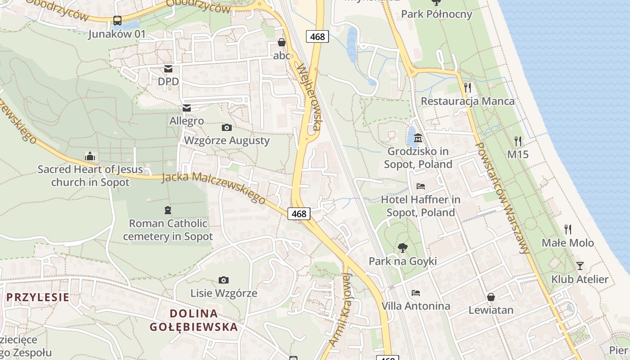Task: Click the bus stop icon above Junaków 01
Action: (117, 20)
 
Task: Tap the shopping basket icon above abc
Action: (282, 42)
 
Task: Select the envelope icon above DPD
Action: (168, 68)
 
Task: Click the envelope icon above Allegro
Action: (186, 108)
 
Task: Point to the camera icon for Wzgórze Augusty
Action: (227, 127)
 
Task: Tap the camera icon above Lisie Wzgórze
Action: (223, 280)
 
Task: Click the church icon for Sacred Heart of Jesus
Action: (90, 156)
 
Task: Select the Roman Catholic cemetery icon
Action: (168, 210)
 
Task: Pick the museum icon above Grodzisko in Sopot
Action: (418, 138)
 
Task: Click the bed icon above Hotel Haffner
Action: (421, 186)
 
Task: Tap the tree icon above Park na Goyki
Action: (403, 247)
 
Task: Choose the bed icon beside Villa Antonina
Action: (416, 293)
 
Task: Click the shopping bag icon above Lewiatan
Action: (490, 297)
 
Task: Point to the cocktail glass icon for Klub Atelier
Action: (580, 266)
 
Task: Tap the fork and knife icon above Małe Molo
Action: (568, 229)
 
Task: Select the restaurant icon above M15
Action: (518, 141)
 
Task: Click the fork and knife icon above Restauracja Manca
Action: (468, 87)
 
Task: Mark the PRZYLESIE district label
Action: (38, 297)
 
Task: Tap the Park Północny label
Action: (436, 14)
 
